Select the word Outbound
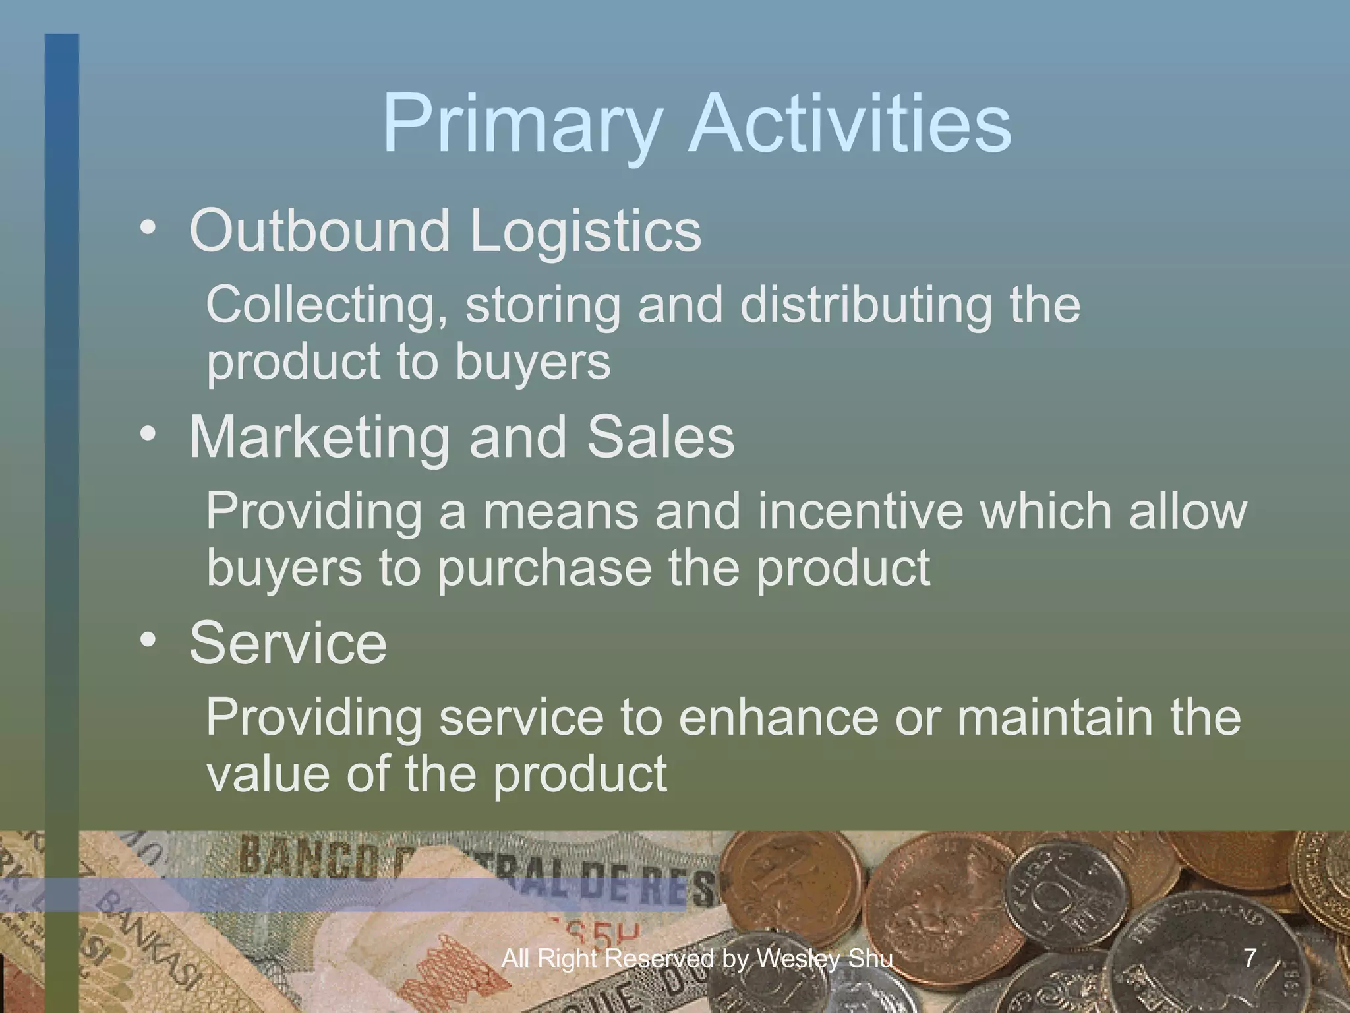point(319,230)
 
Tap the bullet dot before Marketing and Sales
point(148,435)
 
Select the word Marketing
point(319,437)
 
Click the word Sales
point(660,437)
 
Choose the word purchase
point(544,568)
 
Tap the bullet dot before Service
point(148,640)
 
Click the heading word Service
point(288,643)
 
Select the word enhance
point(778,718)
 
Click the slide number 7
point(1250,958)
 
